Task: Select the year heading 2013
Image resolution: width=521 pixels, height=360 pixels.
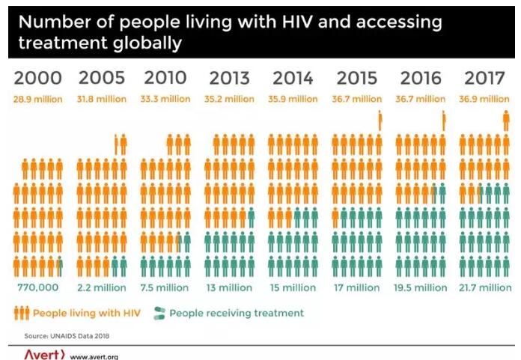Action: tap(230, 77)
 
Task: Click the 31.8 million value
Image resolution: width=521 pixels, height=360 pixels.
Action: tap(103, 99)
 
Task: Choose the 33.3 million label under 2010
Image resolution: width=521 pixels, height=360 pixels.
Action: tap(166, 99)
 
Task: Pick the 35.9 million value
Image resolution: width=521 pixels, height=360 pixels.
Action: tap(293, 99)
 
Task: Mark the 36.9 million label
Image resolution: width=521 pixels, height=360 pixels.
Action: tap(485, 99)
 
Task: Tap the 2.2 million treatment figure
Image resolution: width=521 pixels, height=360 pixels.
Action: tap(103, 287)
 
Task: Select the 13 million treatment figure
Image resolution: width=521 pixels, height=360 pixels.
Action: tap(230, 287)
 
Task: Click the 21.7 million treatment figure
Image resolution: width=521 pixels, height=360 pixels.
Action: tap(485, 287)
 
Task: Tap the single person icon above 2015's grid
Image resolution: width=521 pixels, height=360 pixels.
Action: tap(380, 120)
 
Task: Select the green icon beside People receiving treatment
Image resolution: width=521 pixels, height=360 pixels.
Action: tap(159, 313)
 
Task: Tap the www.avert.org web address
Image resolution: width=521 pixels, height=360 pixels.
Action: tap(94, 356)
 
